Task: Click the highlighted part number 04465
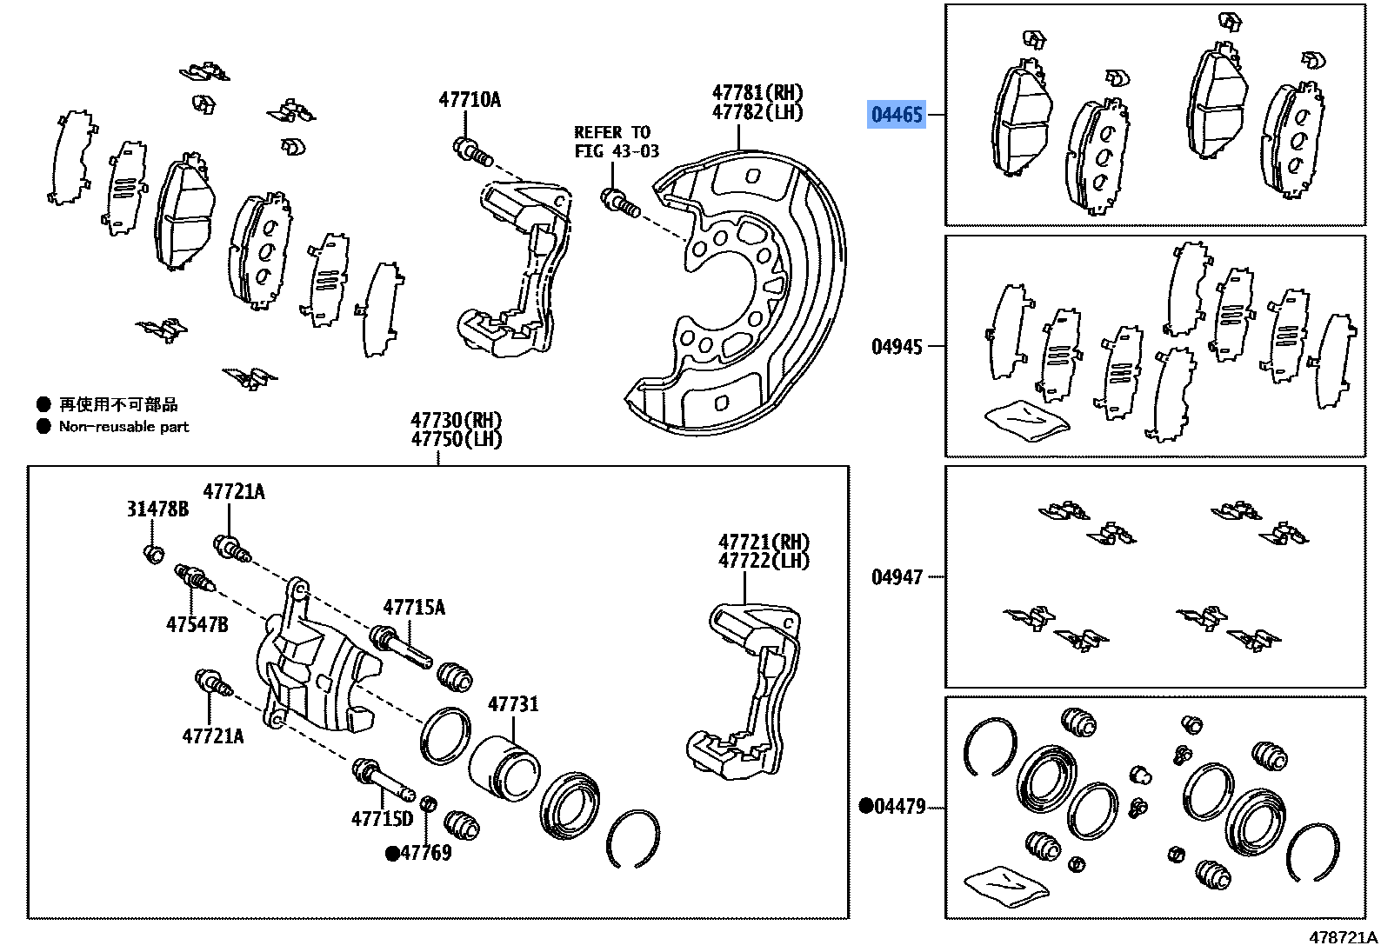click(x=897, y=115)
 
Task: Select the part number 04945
click(x=897, y=347)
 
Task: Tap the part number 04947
click(x=897, y=577)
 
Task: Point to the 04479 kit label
click(x=898, y=807)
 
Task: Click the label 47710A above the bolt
click(x=470, y=100)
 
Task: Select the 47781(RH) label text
click(x=757, y=92)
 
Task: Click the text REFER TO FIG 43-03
click(x=616, y=142)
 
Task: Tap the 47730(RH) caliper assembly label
click(x=456, y=421)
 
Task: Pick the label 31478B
click(x=157, y=509)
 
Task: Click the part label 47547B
click(x=197, y=624)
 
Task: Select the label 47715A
click(x=414, y=608)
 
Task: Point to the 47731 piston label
click(x=513, y=704)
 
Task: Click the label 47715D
click(x=382, y=819)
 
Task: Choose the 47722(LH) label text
click(x=764, y=562)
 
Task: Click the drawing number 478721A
click(x=1343, y=937)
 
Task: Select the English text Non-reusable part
click(x=123, y=427)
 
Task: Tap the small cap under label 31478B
click(x=154, y=553)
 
